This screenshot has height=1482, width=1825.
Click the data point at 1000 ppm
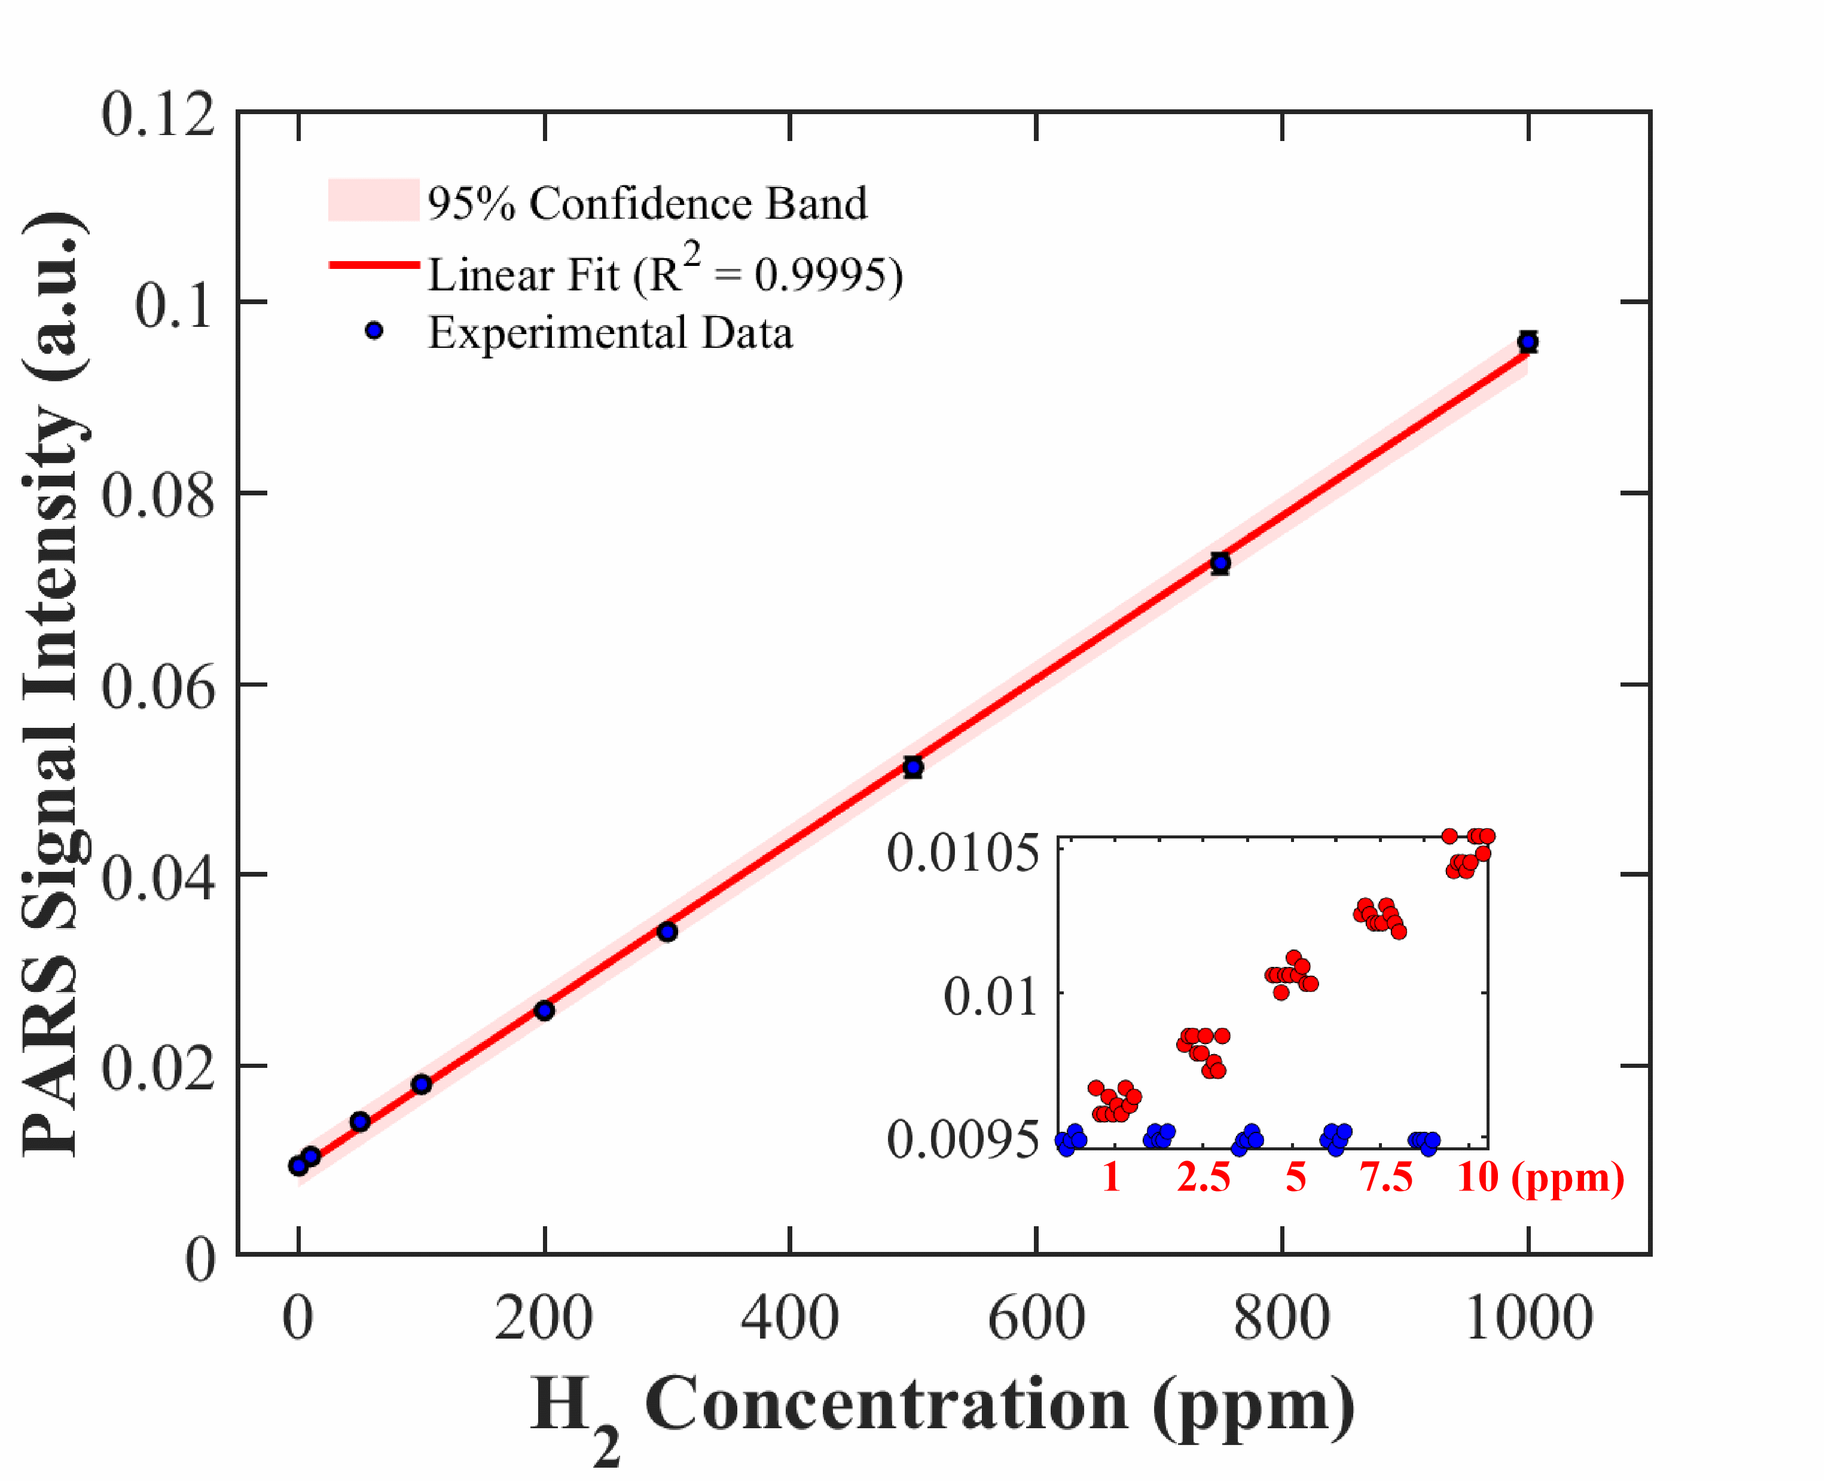coord(1528,342)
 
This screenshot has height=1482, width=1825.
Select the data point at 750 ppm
coord(1220,562)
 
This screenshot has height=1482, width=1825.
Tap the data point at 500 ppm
coord(913,767)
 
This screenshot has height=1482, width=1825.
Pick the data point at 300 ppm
coord(667,932)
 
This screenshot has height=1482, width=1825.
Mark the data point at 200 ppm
coord(544,1011)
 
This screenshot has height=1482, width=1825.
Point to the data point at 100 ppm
coord(421,1084)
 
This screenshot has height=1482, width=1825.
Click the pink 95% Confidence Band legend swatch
coord(373,200)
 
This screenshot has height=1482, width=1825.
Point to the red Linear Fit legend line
coord(373,265)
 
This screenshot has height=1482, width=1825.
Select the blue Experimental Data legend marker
coord(373,331)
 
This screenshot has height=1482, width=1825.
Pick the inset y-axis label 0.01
coord(991,996)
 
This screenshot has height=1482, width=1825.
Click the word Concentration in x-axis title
coord(886,1404)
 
